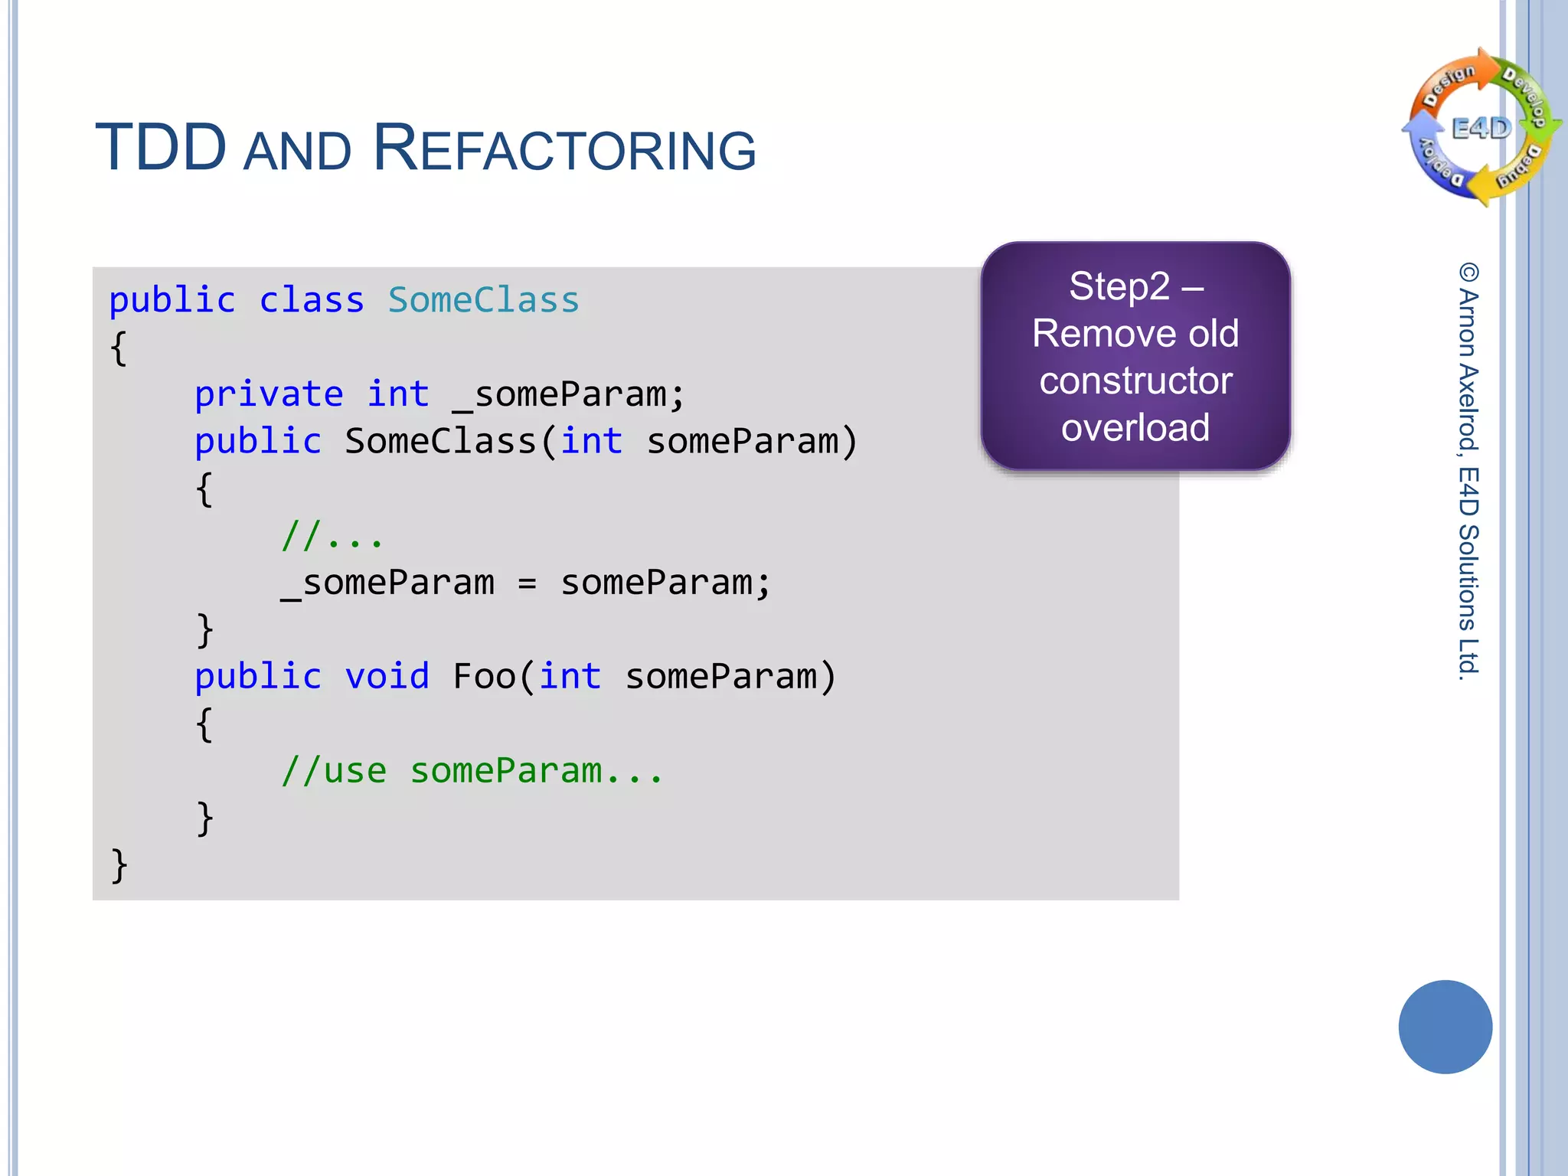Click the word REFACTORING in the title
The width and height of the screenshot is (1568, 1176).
click(x=564, y=149)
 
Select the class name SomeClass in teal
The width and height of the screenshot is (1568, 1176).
click(x=483, y=300)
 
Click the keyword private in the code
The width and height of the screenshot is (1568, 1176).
click(x=269, y=394)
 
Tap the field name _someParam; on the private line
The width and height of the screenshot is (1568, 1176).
click(x=568, y=395)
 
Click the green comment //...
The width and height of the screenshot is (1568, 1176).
click(x=331, y=536)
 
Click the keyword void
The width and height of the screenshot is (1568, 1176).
click(x=387, y=677)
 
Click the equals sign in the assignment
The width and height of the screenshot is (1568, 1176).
click(x=527, y=583)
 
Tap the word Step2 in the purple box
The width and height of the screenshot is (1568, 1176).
click(x=1119, y=287)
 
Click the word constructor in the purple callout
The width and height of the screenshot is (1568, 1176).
click(x=1135, y=381)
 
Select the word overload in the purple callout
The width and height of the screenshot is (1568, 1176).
click(x=1135, y=427)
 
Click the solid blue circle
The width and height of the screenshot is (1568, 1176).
click(x=1445, y=1027)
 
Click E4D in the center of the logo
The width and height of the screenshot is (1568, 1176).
click(x=1481, y=129)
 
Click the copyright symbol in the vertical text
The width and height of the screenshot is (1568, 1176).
click(x=1468, y=273)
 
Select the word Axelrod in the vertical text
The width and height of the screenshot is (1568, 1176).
click(x=1468, y=405)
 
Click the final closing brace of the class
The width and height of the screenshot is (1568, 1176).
click(x=119, y=865)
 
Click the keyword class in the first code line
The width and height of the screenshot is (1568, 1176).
click(x=311, y=300)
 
